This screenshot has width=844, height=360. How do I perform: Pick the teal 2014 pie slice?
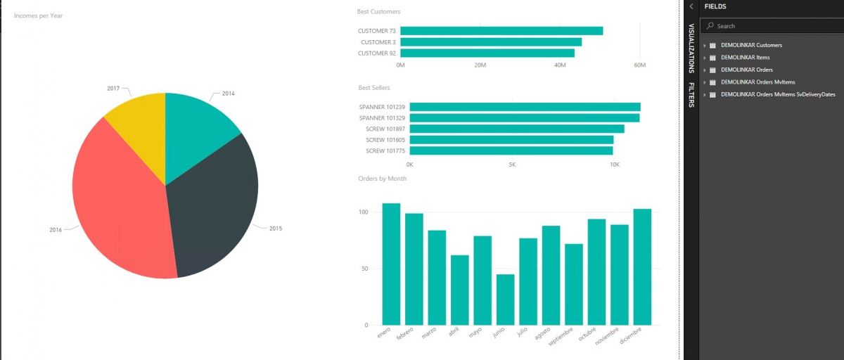pos(197,130)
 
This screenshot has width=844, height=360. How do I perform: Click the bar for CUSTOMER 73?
pos(501,31)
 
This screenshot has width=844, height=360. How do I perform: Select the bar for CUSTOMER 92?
pos(487,53)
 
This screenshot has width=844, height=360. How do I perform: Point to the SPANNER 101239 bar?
pos(525,107)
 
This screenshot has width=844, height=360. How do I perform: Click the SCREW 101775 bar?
pos(511,150)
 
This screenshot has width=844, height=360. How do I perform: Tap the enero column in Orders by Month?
pos(391,264)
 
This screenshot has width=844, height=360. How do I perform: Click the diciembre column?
pos(642,266)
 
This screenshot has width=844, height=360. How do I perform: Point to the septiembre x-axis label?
pos(571,336)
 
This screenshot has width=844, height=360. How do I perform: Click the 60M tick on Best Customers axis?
pos(639,65)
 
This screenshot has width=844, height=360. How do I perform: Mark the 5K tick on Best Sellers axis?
pos(512,165)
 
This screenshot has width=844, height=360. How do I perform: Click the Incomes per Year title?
pos(38,15)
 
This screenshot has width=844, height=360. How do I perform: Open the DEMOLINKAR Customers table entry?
pos(751,45)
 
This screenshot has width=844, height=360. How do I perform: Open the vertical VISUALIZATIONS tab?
pos(691,48)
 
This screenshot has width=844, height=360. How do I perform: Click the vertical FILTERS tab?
pos(691,95)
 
